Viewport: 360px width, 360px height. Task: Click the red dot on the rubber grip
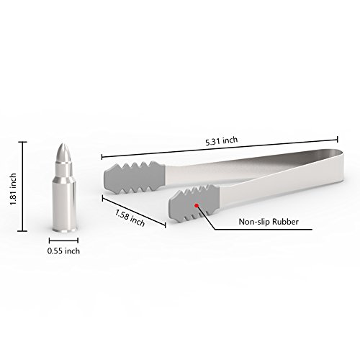tap(197, 205)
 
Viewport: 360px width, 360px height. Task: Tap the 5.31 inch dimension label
tap(222, 141)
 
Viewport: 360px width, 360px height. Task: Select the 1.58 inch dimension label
tap(130, 218)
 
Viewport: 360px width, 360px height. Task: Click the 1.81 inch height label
tap(13, 189)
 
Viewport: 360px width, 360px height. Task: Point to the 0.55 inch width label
tap(63, 251)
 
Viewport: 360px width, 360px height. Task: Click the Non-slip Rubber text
tap(269, 222)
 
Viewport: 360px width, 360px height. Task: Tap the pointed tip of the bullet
tap(63, 144)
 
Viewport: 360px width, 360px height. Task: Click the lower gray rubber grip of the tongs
tap(194, 203)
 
